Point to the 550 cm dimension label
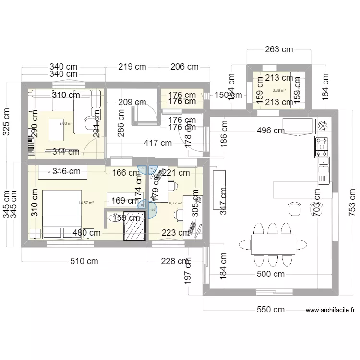(271, 310)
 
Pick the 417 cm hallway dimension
(157, 143)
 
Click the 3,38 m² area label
(279, 90)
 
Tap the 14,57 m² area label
(86, 203)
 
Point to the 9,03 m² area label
(66, 123)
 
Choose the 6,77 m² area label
(176, 203)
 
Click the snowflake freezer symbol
(323, 126)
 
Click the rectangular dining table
(273, 244)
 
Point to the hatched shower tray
(134, 225)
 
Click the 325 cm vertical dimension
(7, 121)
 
